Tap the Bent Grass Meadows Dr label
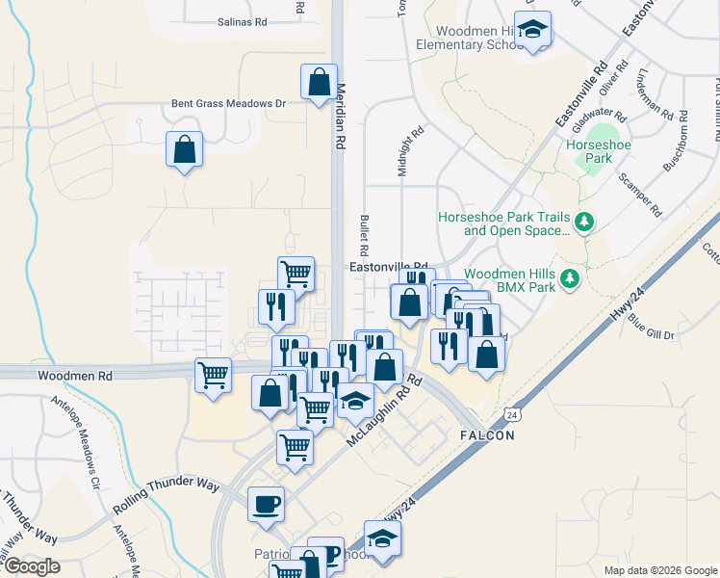click(229, 103)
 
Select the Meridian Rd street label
click(340, 114)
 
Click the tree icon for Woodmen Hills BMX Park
click(570, 279)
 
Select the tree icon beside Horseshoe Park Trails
click(585, 223)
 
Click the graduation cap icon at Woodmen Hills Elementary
click(531, 31)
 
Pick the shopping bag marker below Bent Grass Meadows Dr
click(184, 150)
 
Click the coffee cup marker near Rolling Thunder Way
click(266, 505)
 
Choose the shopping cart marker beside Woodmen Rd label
click(212, 375)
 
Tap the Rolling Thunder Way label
click(167, 495)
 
